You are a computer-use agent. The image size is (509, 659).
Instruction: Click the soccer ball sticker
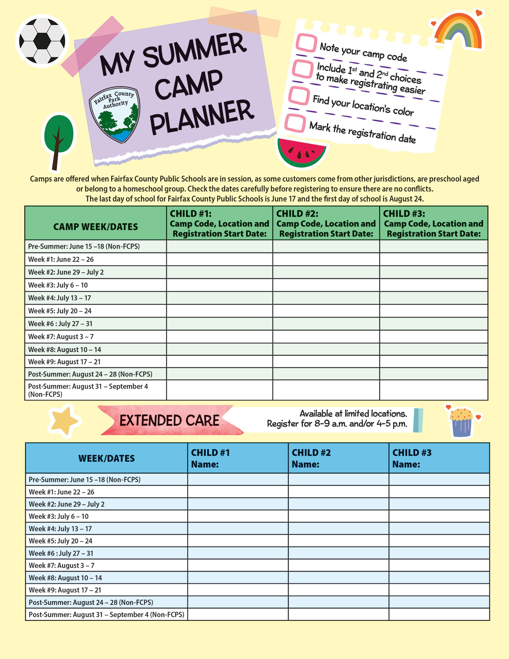point(42,41)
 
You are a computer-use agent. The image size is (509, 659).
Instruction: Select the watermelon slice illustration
point(301,152)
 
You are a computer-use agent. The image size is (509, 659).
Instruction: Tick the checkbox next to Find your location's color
point(299,96)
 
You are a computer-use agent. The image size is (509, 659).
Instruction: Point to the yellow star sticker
point(64,420)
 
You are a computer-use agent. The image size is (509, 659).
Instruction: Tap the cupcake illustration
point(461,422)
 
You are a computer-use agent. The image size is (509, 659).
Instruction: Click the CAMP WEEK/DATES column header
point(96,227)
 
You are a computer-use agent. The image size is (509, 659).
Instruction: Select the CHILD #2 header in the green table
point(326,223)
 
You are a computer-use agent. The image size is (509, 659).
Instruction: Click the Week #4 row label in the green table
point(60,298)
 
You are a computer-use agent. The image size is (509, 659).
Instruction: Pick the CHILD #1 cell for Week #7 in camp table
point(220,337)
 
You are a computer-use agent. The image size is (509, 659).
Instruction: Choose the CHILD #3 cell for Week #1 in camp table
point(433,259)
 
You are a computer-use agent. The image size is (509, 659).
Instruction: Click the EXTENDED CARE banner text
point(169,421)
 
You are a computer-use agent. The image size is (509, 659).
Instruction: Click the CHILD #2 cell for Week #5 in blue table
point(338,541)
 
